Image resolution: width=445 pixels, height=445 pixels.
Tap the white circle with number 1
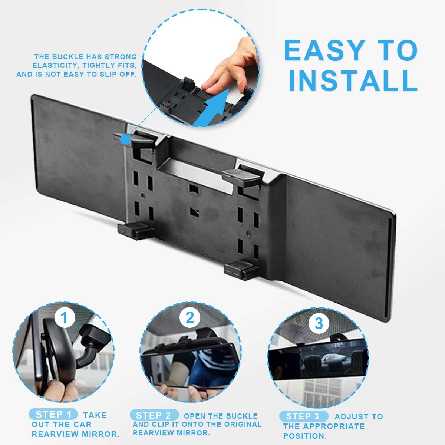coord(65,318)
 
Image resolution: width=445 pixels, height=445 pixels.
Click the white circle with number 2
coord(190,318)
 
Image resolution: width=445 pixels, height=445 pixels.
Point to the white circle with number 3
coord(319,323)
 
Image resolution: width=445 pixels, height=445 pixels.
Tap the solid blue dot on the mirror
coord(126,140)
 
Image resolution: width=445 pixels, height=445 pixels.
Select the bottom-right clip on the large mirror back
coord(241,270)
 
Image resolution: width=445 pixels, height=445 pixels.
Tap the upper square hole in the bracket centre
coord(194,189)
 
